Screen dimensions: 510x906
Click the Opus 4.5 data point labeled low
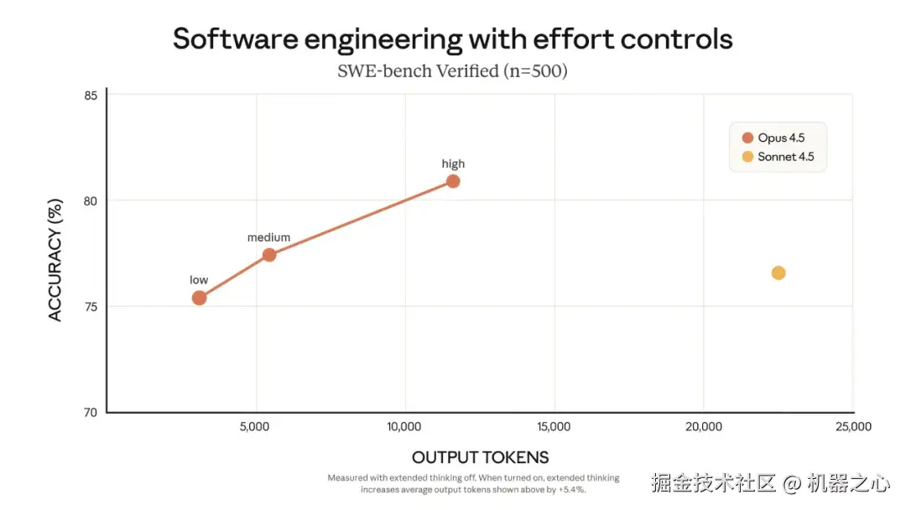(199, 298)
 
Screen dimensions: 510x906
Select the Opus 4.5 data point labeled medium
(269, 255)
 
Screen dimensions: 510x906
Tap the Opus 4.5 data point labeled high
(453, 181)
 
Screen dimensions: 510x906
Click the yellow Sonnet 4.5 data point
(778, 273)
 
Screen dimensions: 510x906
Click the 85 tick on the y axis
(90, 95)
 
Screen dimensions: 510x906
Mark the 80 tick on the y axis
(90, 200)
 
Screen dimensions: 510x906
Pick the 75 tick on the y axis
(90, 306)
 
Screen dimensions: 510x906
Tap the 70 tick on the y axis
(90, 412)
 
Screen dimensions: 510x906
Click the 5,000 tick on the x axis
(255, 427)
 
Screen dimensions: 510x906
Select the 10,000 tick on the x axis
(404, 427)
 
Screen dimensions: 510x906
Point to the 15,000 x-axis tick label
(554, 427)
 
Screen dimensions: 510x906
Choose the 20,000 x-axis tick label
(704, 427)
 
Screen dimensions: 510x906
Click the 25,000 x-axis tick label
(853, 427)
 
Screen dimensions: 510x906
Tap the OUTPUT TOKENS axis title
(480, 457)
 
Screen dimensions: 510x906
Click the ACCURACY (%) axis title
(55, 254)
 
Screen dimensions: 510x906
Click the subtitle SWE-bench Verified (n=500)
(452, 71)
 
